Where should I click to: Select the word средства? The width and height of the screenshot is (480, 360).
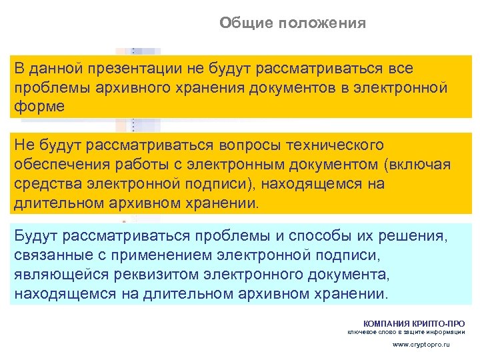coord(45,183)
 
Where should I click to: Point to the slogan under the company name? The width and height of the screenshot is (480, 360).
coord(407,332)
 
